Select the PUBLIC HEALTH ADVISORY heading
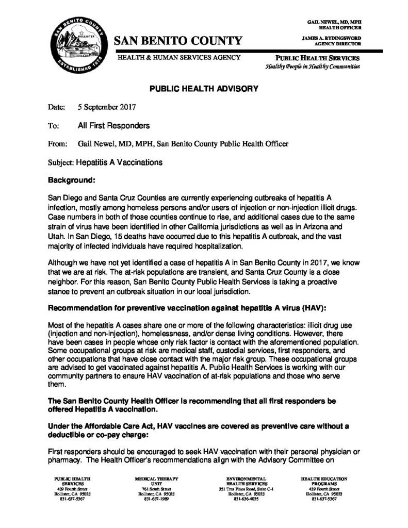204,89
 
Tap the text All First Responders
113,125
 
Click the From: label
57,143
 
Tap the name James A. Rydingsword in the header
331,38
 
